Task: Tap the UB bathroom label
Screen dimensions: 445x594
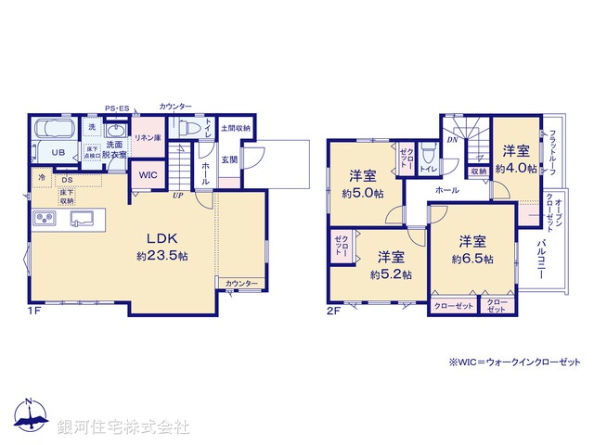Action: pos(58,152)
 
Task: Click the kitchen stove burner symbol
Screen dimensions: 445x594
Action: pos(45,219)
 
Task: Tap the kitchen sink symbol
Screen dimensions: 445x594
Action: pos(81,219)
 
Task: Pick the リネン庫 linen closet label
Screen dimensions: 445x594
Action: pos(148,138)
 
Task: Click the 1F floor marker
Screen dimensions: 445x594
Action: pos(32,311)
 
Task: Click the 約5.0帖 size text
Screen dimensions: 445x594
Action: pos(362,194)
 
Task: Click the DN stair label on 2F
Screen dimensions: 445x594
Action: pos(452,140)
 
